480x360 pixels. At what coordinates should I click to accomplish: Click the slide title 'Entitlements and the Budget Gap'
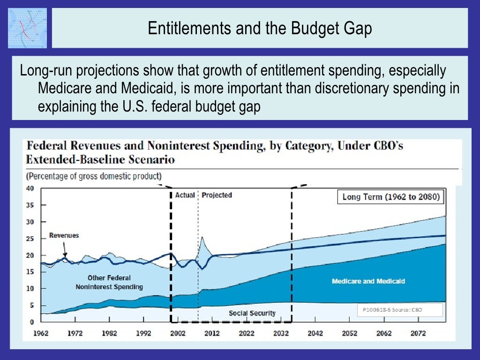260,29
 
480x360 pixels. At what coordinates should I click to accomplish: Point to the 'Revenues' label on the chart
64,235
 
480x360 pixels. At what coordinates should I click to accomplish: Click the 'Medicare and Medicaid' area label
368,281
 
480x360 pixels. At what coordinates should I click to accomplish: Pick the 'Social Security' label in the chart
252,313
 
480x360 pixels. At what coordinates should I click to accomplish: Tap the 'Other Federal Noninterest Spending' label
109,282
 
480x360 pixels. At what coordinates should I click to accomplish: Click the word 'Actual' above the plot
185,195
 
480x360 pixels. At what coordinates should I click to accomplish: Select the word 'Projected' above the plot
217,195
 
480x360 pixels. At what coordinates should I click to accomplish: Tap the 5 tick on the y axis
31,306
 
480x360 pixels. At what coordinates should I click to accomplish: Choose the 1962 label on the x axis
41,334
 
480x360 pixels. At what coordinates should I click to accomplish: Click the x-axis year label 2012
212,334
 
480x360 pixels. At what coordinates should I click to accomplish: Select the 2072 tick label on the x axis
418,334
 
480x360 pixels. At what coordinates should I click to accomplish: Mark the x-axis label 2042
315,334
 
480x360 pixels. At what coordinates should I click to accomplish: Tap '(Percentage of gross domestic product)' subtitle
94,176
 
